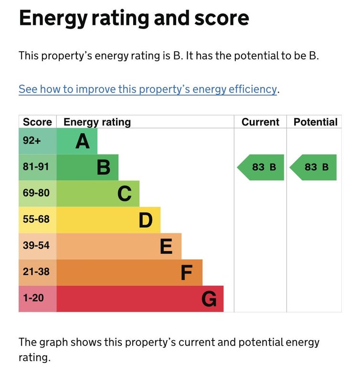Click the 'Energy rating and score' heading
coord(134,19)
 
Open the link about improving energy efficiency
coord(148,89)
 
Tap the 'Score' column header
coord(37,122)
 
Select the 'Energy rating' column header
coord(97,122)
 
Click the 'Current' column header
coord(260,122)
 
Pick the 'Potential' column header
coord(315,122)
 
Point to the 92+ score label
coord(32,141)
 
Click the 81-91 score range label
coord(36,167)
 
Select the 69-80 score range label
coord(36,193)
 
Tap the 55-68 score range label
coord(36,220)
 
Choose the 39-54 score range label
coord(36,246)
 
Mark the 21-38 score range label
coord(36,272)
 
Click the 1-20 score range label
coord(33,298)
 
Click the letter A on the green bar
coord(83,141)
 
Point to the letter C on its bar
coord(125,194)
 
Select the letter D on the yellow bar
coord(146,220)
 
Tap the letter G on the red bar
coord(209,299)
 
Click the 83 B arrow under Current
coord(261,167)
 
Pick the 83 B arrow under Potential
coord(314,167)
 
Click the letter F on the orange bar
coord(186,273)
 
